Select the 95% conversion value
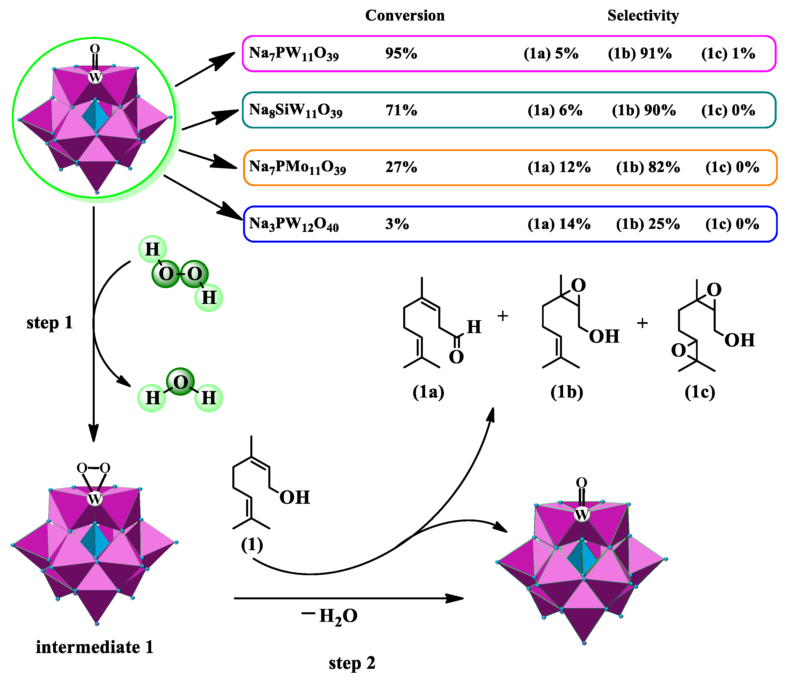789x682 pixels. (401, 53)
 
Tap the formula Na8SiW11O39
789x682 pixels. (296, 110)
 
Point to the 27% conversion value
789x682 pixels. (401, 167)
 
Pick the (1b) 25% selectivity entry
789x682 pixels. (648, 224)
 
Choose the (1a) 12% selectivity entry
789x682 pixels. (559, 167)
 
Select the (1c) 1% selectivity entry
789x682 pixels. (728, 53)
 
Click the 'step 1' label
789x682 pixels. (49, 323)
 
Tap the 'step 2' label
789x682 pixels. (352, 663)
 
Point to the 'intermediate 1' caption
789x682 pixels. (94, 647)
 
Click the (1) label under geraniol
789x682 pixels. (252, 545)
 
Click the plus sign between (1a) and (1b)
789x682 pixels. (503, 316)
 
